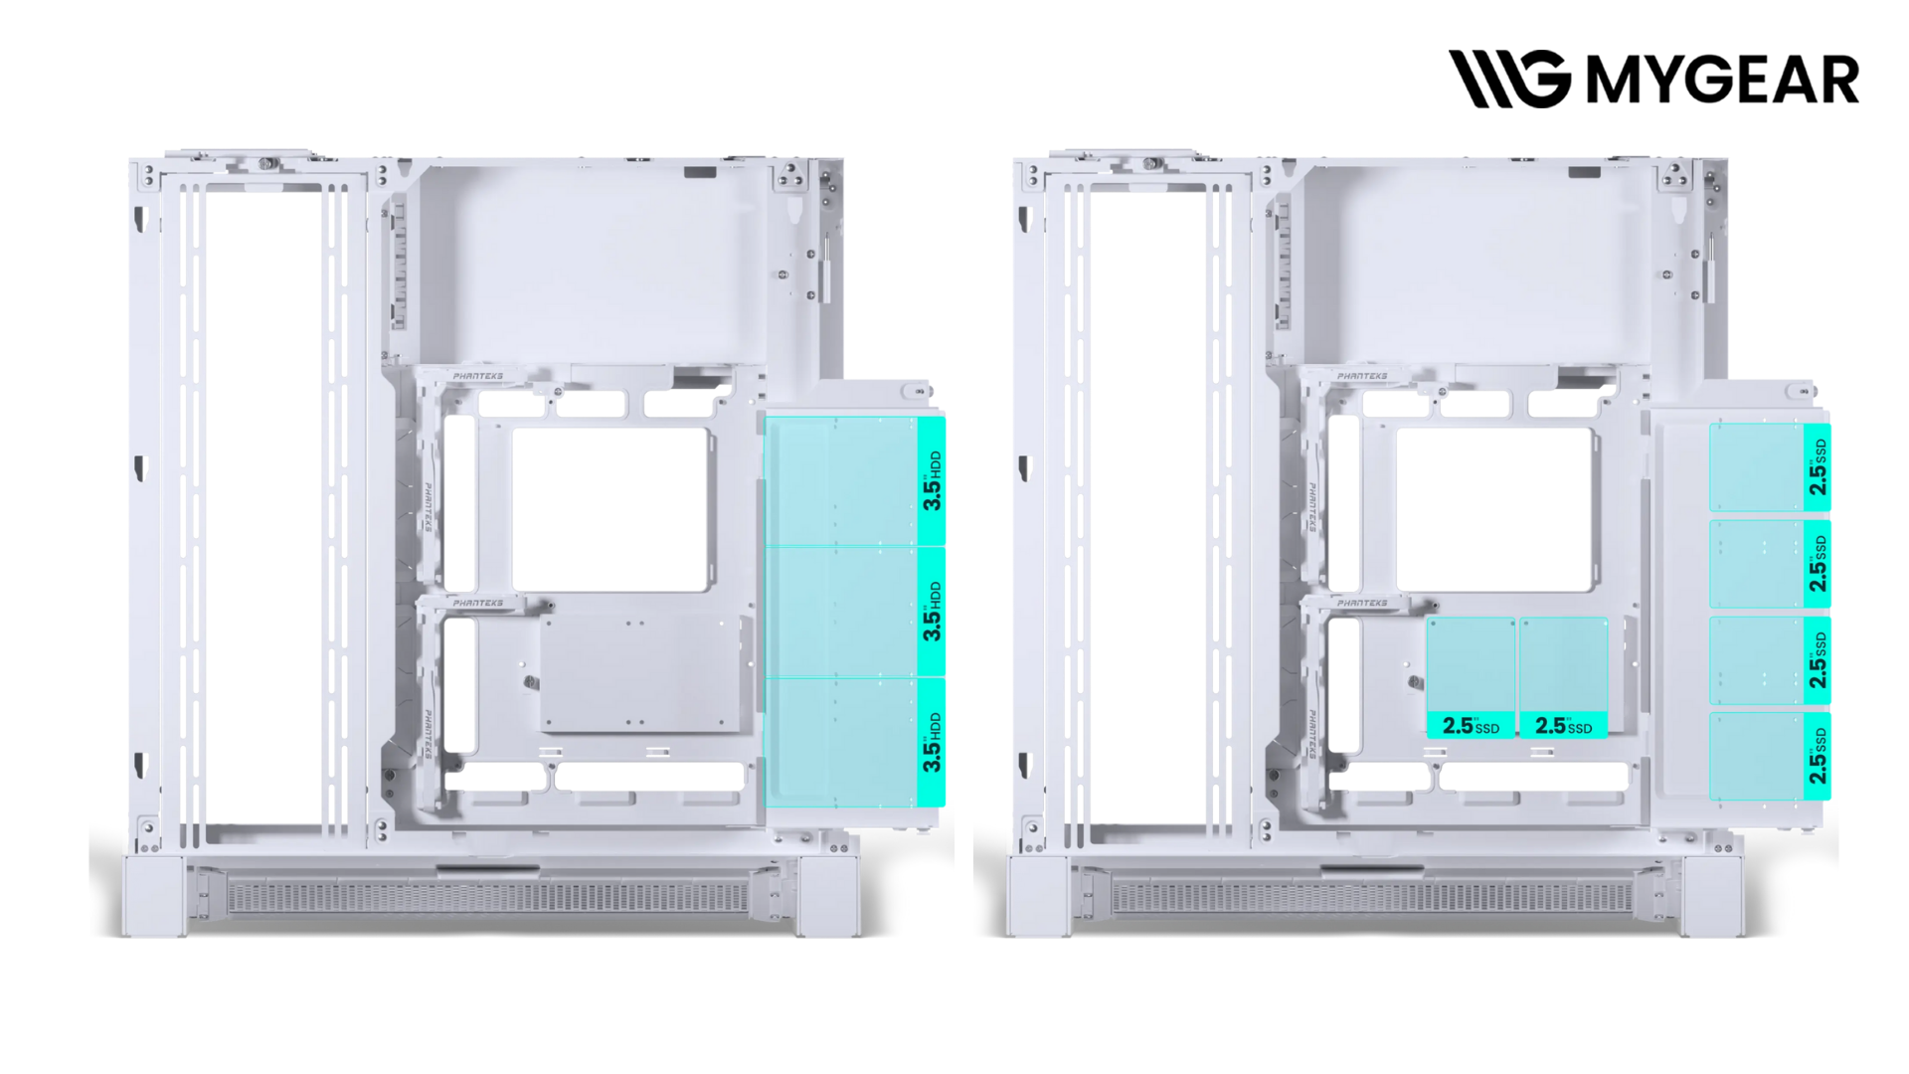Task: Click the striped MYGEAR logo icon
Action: (x=1509, y=79)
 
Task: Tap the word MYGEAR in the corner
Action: (x=1722, y=80)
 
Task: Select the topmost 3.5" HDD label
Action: (x=932, y=480)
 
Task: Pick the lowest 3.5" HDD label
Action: (x=932, y=742)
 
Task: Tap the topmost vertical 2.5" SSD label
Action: (x=1818, y=467)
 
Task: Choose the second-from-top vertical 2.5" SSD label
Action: (x=1818, y=564)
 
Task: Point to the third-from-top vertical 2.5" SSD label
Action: (x=1818, y=660)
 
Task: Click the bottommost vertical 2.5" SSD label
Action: (x=1818, y=756)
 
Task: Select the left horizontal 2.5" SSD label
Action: (x=1471, y=726)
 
